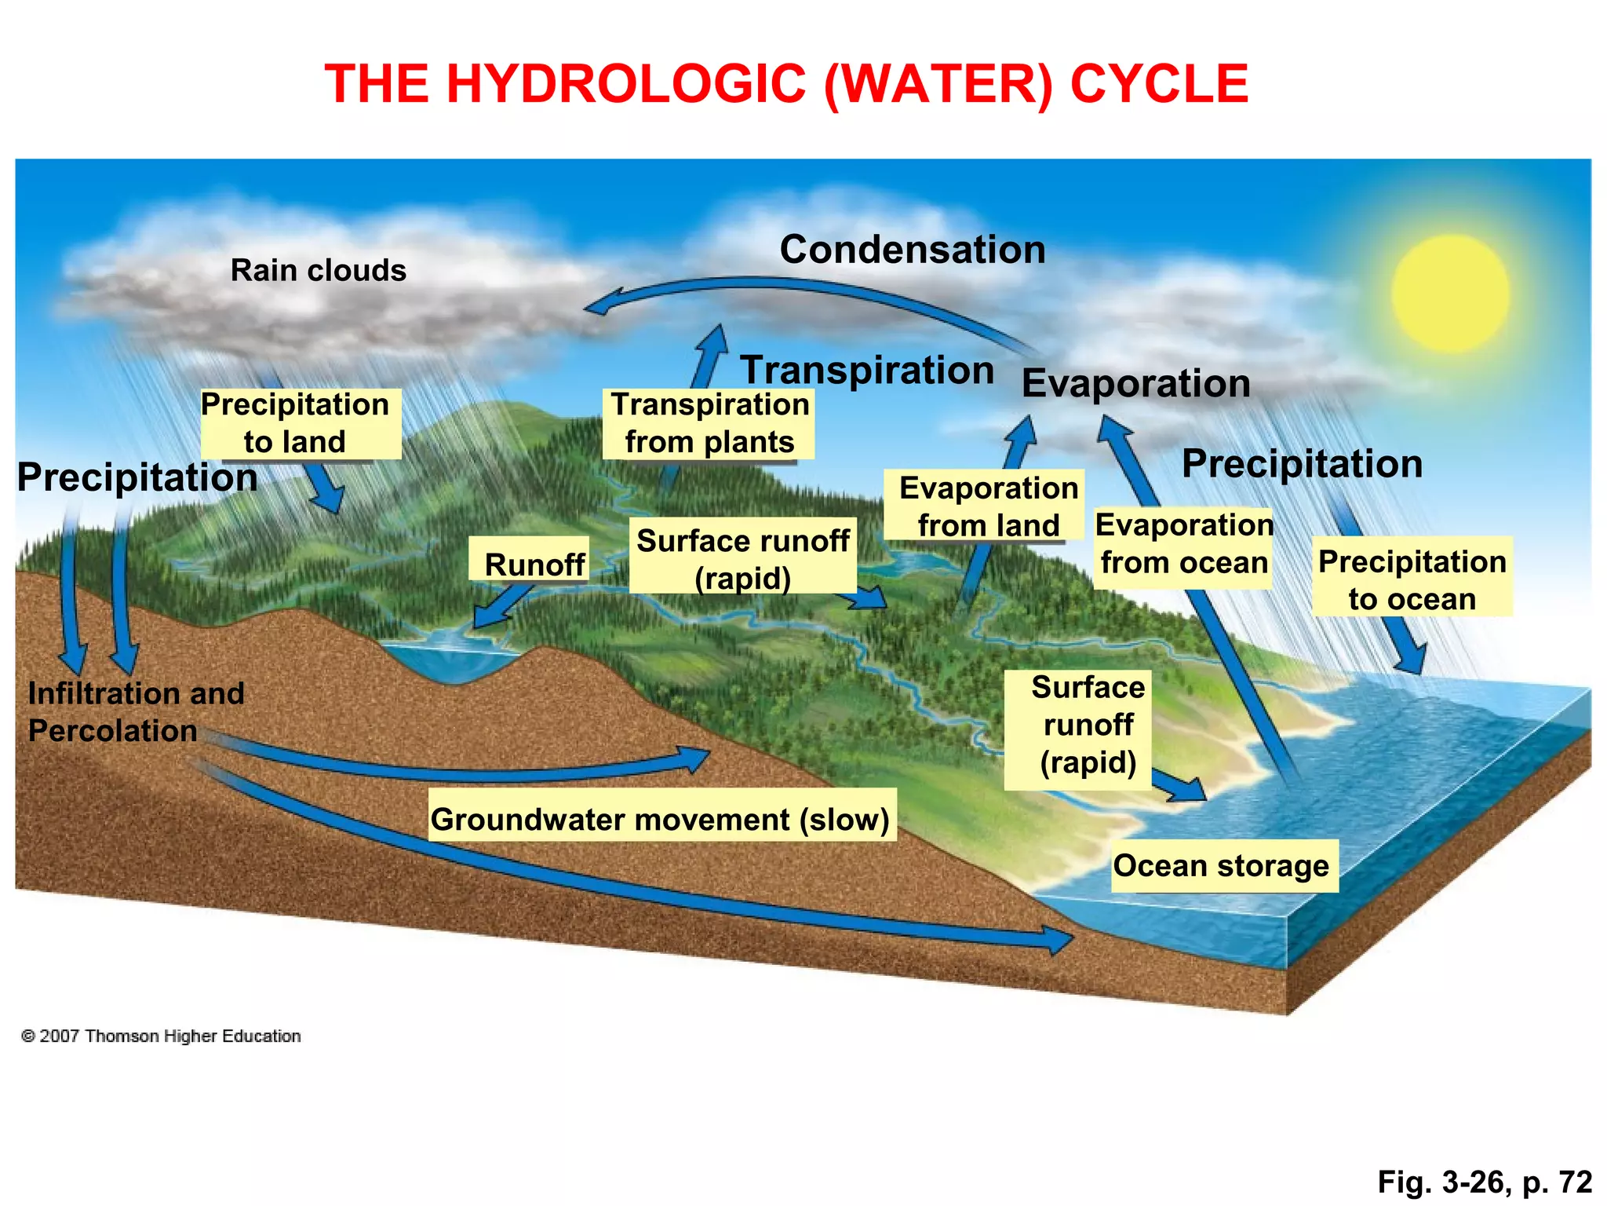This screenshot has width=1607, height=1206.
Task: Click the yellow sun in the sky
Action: (x=1450, y=292)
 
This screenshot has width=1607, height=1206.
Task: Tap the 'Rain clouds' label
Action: (x=318, y=271)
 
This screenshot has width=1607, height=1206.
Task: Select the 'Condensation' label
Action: (x=912, y=250)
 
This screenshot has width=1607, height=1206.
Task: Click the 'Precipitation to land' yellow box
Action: (x=301, y=424)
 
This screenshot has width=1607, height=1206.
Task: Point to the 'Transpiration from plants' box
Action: (x=709, y=424)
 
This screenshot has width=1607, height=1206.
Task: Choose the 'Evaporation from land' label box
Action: (x=984, y=506)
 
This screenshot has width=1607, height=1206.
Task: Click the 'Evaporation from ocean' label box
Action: (x=1183, y=544)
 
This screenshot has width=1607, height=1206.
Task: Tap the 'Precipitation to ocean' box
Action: (x=1412, y=579)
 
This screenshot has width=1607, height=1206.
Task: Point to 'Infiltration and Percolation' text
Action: (x=136, y=711)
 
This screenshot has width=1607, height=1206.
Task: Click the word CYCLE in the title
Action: (x=1159, y=83)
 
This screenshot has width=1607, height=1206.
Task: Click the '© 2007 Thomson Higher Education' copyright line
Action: (x=161, y=1036)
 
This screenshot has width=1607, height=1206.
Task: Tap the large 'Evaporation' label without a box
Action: (x=1135, y=384)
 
